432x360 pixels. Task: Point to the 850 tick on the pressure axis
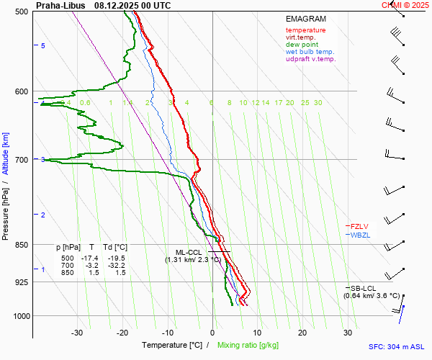point(20,245)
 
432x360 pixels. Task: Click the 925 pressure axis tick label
point(20,282)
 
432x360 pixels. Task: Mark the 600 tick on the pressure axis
point(20,91)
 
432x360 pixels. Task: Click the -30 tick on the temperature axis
point(77,333)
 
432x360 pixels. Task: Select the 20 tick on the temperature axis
point(302,333)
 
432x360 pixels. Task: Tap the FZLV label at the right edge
point(359,226)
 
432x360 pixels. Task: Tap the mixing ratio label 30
point(318,103)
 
